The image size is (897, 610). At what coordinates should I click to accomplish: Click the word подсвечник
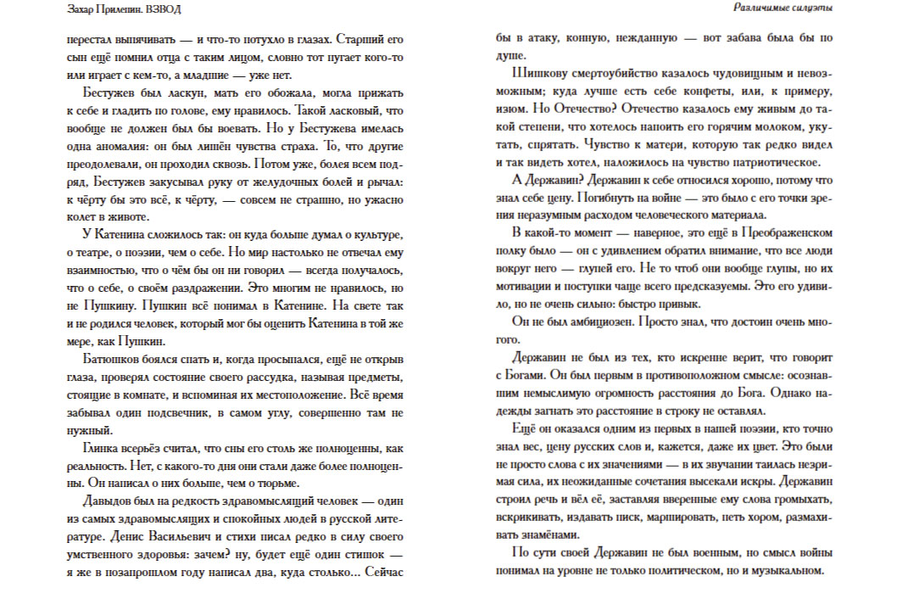(191, 413)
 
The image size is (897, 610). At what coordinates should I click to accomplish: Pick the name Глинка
(105, 449)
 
